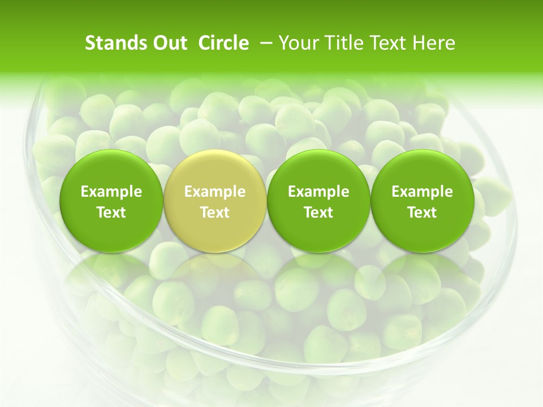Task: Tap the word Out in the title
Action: (169, 43)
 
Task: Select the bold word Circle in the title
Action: (223, 43)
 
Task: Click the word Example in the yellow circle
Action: (215, 192)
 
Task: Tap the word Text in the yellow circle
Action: (215, 213)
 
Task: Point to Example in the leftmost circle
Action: (111, 192)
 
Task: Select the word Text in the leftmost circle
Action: (111, 213)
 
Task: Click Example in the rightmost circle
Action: (422, 192)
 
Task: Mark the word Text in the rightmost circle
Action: (422, 213)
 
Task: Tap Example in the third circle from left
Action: (318, 192)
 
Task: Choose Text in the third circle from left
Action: (318, 213)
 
